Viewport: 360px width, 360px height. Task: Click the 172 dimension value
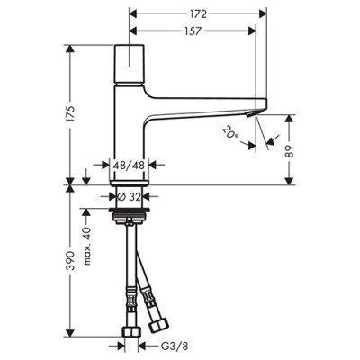tap(198, 13)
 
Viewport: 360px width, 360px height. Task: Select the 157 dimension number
tap(192, 31)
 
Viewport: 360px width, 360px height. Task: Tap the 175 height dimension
tap(71, 113)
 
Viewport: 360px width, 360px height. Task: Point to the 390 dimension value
tap(71, 260)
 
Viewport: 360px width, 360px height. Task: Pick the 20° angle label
tap(230, 132)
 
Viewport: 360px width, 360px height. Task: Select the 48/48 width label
tap(129, 165)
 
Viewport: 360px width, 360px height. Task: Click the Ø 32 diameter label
tap(130, 197)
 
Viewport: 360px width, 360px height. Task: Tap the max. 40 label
tap(86, 247)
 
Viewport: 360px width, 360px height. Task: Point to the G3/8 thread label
tap(174, 346)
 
